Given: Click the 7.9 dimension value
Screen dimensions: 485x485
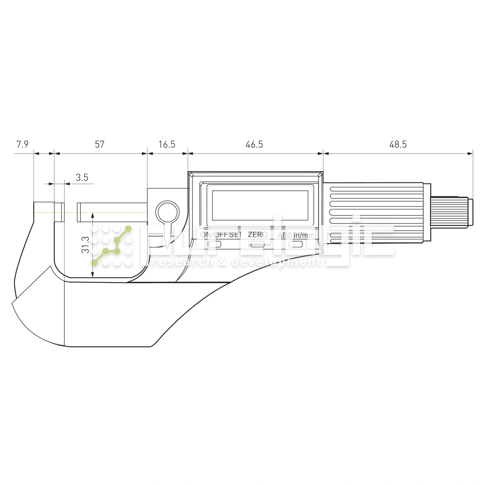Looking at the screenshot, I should point(22,144).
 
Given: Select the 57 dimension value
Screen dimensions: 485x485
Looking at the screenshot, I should point(100,144).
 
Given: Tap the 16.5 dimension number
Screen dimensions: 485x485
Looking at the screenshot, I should point(167,145).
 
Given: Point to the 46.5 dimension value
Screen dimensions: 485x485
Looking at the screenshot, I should point(254,145).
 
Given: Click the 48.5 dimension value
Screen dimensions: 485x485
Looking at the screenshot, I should point(398,145).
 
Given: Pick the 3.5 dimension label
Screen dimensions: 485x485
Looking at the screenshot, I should point(82,178).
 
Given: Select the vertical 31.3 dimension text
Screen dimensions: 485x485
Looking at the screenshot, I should point(86,245).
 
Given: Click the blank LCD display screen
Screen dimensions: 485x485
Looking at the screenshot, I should point(260,205).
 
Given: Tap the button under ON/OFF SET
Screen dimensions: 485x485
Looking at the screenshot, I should point(214,244).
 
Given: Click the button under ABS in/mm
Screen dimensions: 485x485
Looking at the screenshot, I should point(296,244).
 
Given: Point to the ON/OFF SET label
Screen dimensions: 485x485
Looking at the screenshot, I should point(221,235).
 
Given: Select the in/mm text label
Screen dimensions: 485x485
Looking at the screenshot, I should point(301,235).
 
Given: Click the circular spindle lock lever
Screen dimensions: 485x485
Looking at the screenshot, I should point(167,212).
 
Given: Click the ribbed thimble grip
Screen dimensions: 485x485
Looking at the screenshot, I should point(377,212).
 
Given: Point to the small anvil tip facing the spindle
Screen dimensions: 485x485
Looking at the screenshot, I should point(59,212).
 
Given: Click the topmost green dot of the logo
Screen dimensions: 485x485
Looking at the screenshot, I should point(128,229).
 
